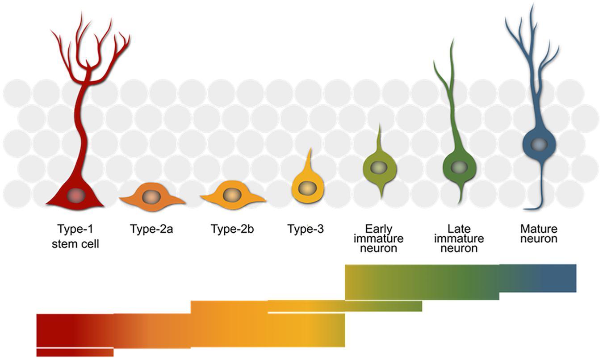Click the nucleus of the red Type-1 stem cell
[75, 195]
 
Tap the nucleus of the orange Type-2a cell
[152, 197]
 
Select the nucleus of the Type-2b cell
[231, 195]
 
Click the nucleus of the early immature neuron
[380, 167]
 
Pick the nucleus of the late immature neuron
[459, 167]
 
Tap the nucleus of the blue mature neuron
[540, 144]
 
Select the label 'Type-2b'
[232, 230]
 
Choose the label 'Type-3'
[306, 230]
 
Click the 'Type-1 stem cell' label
[75, 237]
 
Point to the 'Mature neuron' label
[539, 234]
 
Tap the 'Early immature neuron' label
[378, 238]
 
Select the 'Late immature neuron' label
[459, 238]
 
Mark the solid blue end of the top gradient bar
[558, 278]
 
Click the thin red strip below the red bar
[75, 352]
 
